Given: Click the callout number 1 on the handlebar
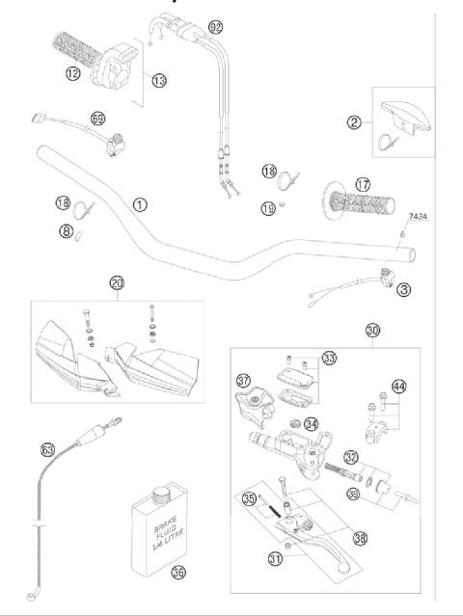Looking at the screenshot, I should (x=140, y=204).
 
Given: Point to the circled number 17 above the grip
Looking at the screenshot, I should (x=335, y=182).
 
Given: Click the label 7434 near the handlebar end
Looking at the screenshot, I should (x=418, y=217).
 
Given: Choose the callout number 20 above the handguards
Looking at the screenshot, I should (x=117, y=283).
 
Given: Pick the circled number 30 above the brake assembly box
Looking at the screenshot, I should (x=372, y=330).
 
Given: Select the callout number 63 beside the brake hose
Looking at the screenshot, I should (x=47, y=449).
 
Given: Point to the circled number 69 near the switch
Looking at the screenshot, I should (x=97, y=119).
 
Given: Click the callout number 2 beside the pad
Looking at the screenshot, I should (x=355, y=121).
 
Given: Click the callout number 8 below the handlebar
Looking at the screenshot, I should (x=67, y=230).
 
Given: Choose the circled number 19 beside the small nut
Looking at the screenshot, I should (x=268, y=207).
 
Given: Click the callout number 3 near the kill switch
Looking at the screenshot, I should (x=403, y=288).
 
